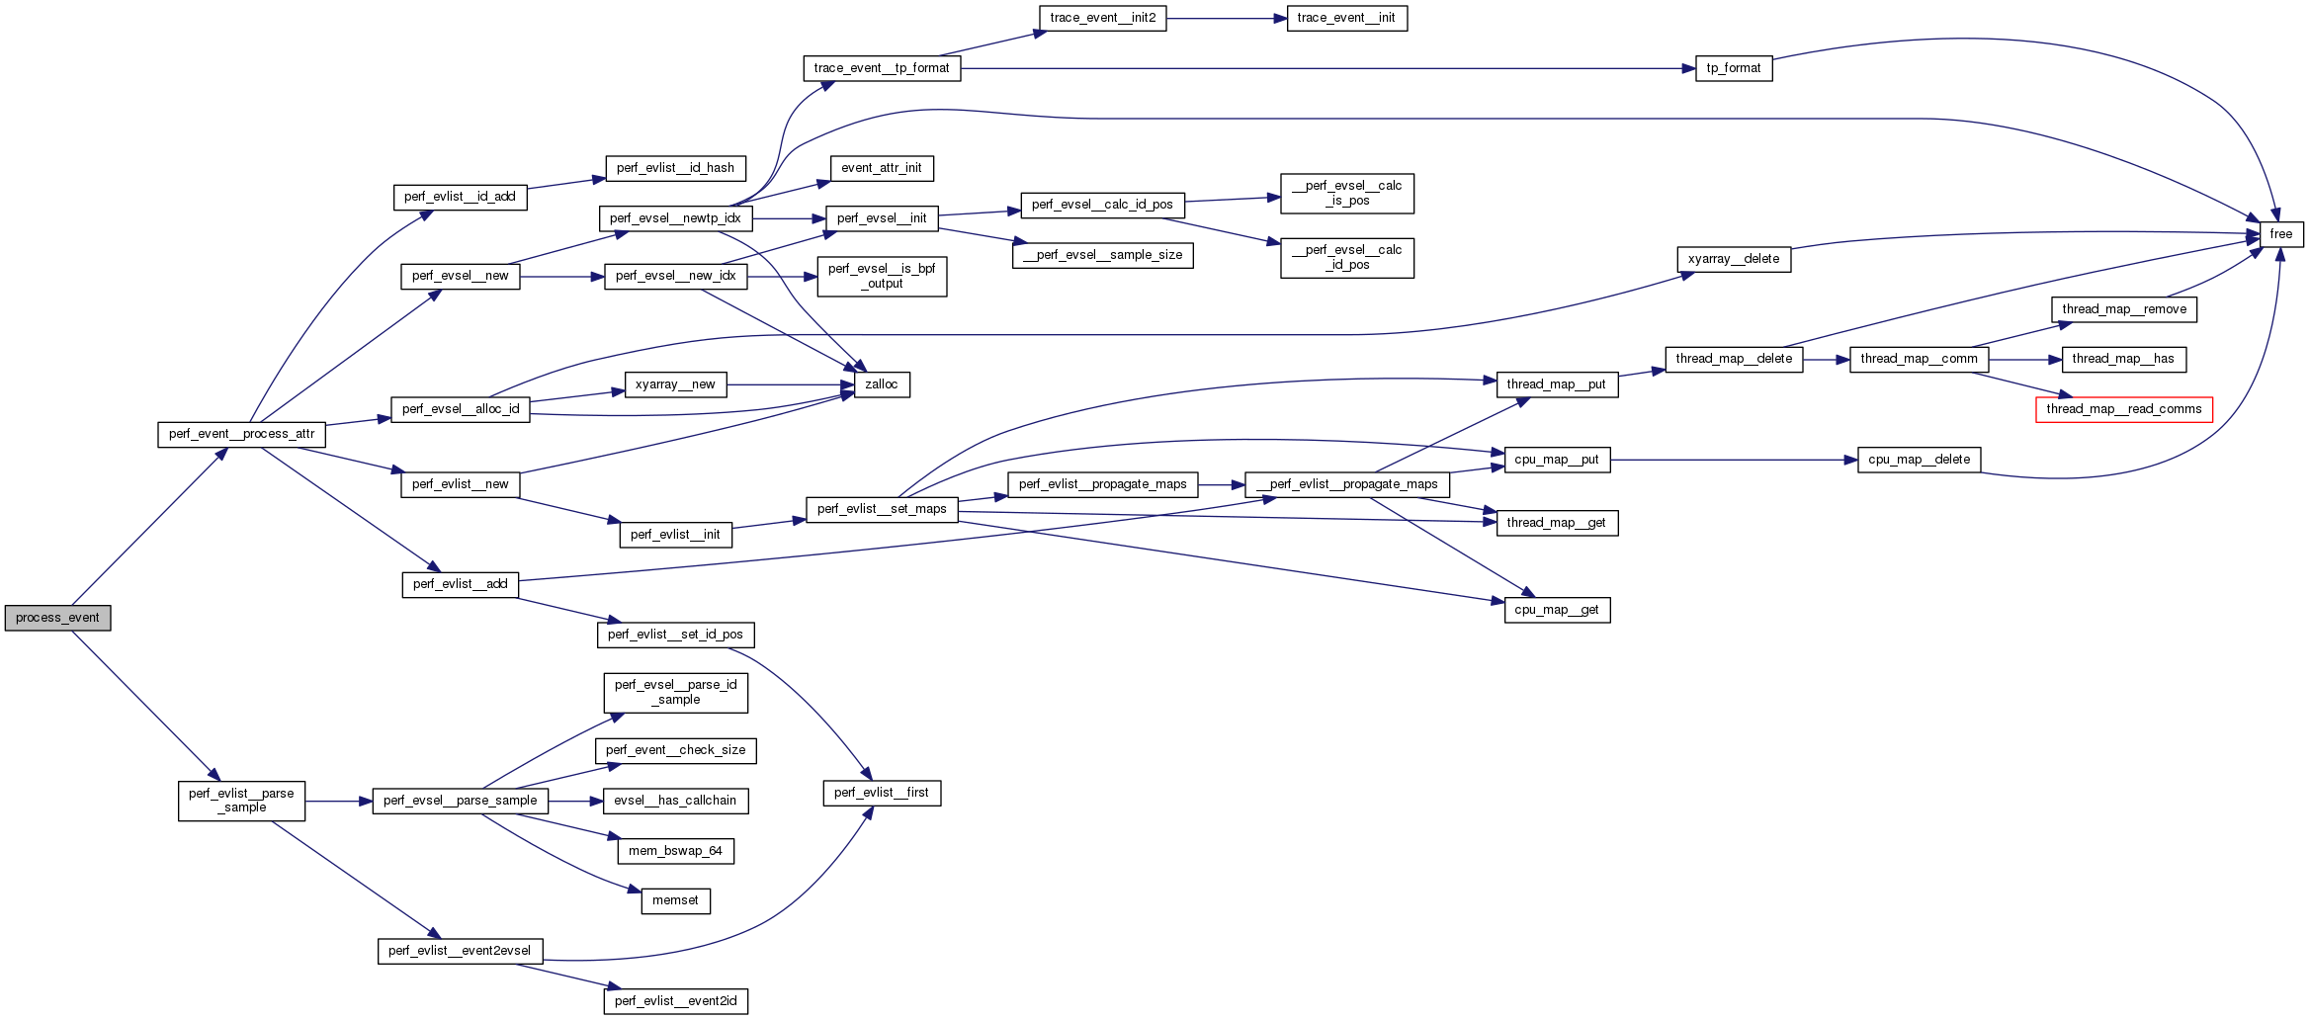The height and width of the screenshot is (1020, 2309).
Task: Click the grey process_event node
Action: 57,618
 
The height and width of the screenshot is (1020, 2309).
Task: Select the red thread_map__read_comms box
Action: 2123,409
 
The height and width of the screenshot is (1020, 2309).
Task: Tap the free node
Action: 2281,234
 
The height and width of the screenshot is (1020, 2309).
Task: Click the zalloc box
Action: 881,384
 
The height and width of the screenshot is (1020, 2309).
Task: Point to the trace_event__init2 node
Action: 1102,18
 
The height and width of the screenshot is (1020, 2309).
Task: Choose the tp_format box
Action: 1733,68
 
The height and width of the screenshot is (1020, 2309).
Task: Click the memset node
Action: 675,900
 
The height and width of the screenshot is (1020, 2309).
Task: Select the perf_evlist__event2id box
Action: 675,1001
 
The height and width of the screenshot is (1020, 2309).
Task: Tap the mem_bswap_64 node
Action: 675,851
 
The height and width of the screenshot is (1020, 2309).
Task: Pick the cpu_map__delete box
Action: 1919,460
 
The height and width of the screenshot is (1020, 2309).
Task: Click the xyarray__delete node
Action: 1733,259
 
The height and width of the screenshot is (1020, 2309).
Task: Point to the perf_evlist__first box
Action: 881,793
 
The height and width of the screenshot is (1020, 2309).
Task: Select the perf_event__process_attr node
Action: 241,434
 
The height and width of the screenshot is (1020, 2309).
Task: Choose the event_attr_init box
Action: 881,168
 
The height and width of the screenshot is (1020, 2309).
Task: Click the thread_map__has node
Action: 2122,359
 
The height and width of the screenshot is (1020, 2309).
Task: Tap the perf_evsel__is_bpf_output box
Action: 881,276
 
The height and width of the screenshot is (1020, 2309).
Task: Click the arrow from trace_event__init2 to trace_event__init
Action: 1226,18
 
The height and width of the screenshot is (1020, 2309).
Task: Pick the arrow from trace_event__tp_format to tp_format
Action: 1325,68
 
